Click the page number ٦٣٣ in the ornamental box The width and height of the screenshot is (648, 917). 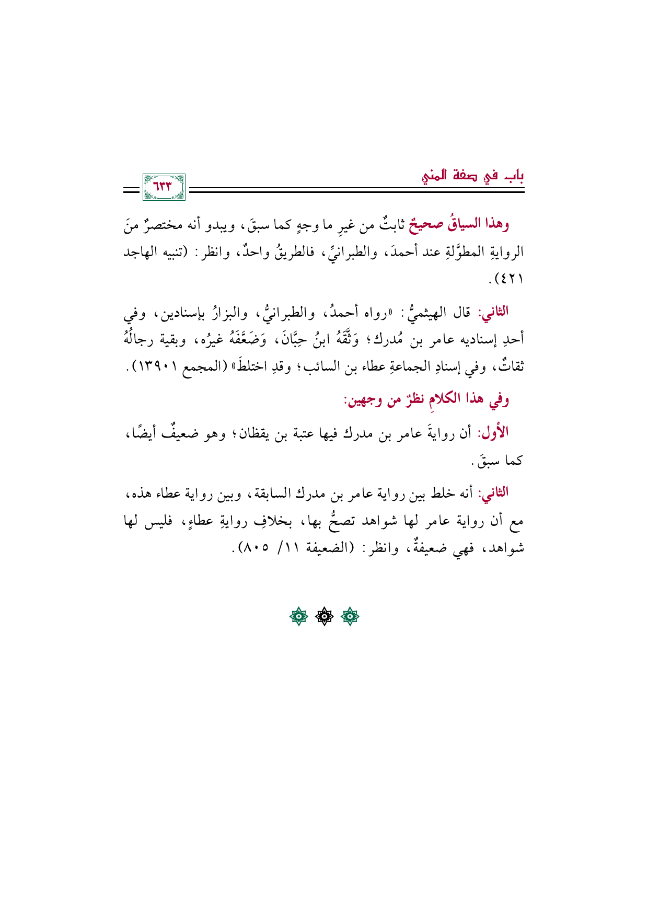tap(163, 187)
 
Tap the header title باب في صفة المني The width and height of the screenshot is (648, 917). tap(473, 176)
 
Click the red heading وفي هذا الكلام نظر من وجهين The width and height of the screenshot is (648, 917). tap(425, 400)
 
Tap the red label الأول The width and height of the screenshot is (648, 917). tap(494, 433)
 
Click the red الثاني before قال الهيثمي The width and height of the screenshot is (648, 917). tap(494, 313)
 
